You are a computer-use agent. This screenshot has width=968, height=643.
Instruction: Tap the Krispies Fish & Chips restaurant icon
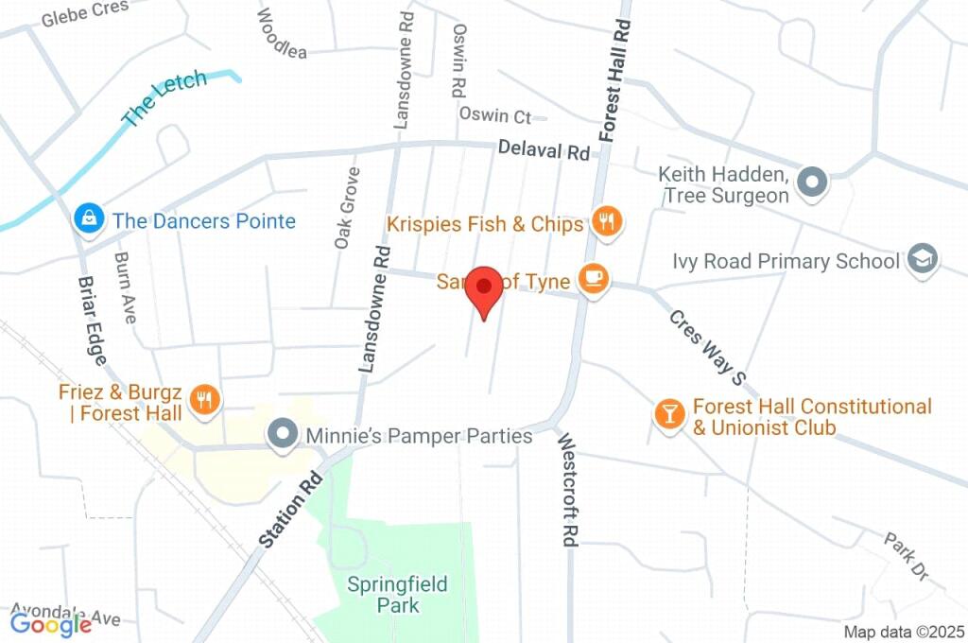point(606,222)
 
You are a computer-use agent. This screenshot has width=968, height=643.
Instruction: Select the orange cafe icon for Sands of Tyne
point(594,279)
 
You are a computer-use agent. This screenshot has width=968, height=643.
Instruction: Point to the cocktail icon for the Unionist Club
point(669,413)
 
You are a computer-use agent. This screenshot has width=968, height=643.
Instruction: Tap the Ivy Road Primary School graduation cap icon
point(922,259)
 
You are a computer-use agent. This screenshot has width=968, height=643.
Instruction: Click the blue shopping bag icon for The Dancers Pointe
point(88,219)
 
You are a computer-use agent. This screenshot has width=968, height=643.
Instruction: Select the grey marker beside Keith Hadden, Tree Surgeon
point(812,182)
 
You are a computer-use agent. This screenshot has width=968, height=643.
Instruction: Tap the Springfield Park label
point(397,594)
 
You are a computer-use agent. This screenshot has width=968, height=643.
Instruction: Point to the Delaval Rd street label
point(544,149)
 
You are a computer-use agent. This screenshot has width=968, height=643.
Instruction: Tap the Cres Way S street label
point(707,347)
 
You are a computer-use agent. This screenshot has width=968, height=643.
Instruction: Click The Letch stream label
point(164,98)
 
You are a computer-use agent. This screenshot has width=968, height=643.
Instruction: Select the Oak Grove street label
point(347,208)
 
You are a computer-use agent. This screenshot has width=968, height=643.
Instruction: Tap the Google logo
point(51,623)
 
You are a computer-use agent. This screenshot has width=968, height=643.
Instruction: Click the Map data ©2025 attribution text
point(904,632)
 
